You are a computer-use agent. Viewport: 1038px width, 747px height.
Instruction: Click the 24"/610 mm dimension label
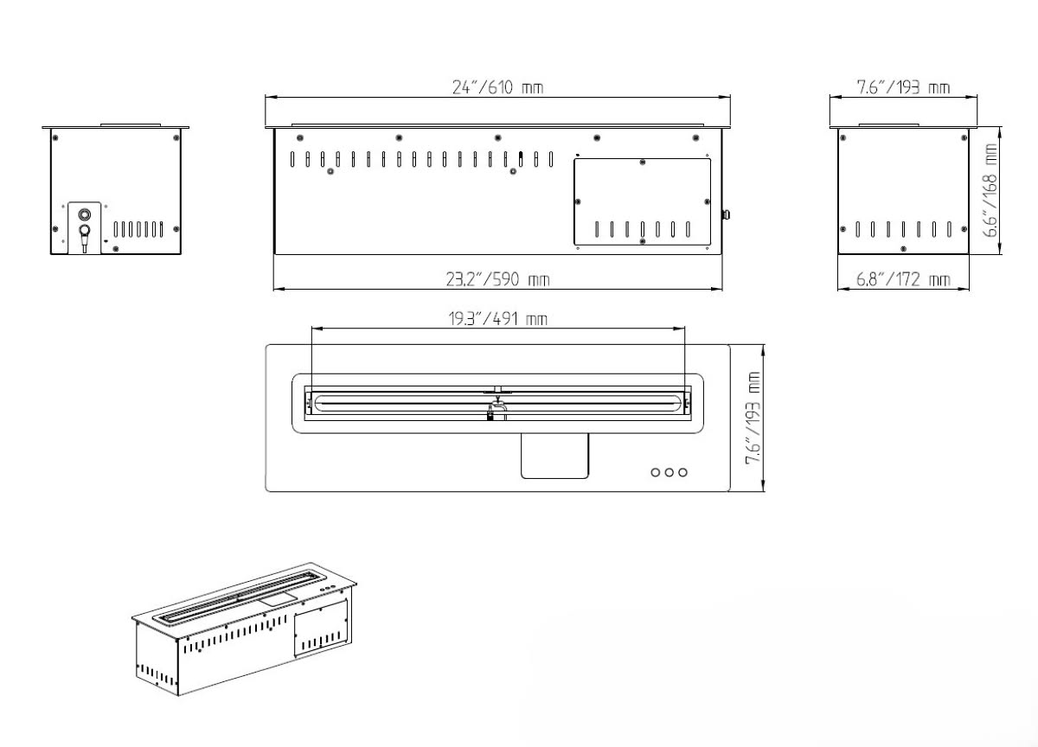(x=497, y=87)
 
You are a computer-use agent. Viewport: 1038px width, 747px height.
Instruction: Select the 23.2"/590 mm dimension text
(x=497, y=279)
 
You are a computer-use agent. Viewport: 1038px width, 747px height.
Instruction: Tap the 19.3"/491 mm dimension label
(x=497, y=319)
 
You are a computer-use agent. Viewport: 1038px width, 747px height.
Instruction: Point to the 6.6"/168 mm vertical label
(x=990, y=190)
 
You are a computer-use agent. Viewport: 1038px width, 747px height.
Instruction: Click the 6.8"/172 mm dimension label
(x=903, y=279)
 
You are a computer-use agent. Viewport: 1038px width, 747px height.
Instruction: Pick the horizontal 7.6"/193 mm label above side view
(x=903, y=87)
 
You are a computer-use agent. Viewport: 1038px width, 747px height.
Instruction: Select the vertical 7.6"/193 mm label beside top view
(x=753, y=418)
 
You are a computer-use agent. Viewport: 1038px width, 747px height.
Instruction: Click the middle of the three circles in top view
(x=670, y=472)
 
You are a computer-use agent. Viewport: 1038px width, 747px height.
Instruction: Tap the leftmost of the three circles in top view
(x=656, y=472)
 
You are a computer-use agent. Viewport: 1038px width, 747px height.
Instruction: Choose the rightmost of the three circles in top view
(x=682, y=472)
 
